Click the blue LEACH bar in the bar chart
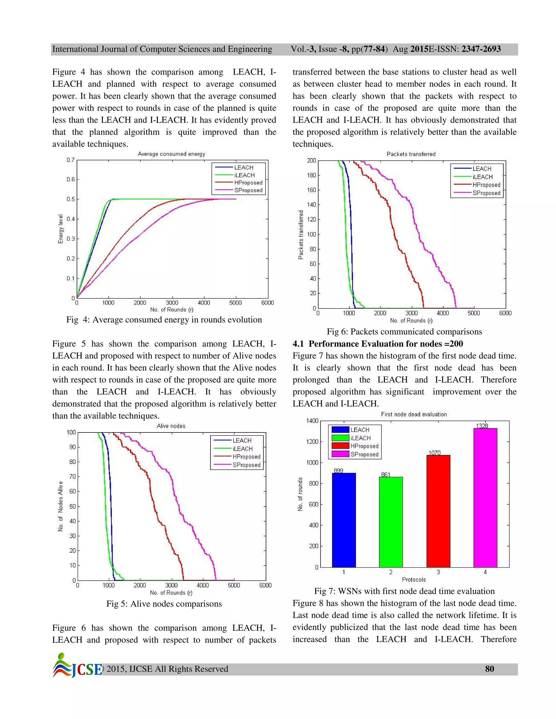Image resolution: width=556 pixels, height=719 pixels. tap(343, 520)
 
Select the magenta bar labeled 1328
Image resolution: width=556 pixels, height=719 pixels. tap(485, 497)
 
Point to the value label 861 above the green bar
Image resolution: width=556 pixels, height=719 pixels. tap(386, 474)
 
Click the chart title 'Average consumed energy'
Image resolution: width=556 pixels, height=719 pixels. tap(171, 154)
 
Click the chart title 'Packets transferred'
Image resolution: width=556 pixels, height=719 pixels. tap(411, 154)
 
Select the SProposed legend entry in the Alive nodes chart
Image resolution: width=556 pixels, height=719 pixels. tap(246, 465)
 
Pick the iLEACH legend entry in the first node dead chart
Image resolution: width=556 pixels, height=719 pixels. tap(360, 438)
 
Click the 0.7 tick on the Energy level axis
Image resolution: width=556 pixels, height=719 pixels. tap(71, 160)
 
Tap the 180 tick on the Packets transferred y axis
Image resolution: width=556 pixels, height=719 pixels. tap(311, 175)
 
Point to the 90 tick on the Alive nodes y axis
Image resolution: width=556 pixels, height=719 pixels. tap(72, 447)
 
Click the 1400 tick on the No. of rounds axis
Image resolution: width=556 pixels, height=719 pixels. tap(312, 421)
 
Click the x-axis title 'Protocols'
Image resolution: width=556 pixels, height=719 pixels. tap(414, 580)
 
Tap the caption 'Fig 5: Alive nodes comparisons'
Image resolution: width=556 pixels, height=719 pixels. tap(164, 604)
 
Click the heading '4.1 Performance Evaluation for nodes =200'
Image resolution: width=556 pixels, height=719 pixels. tap(377, 344)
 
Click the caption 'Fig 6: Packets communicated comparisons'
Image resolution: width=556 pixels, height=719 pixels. tap(404, 332)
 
